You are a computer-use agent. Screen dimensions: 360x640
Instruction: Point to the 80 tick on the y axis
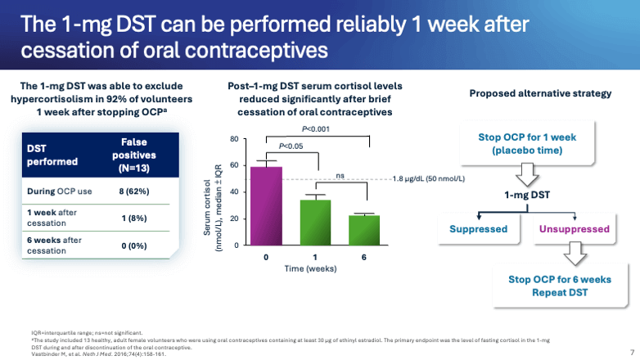pos(234,139)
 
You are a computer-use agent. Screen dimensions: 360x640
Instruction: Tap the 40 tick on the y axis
pos(234,192)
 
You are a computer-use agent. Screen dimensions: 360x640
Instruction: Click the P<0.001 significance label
pos(317,129)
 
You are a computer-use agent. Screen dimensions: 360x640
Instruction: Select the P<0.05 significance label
pos(291,146)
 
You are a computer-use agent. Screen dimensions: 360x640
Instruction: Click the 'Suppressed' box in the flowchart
pos(479,229)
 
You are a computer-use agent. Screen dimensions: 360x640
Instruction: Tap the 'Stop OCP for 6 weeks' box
pos(561,286)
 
